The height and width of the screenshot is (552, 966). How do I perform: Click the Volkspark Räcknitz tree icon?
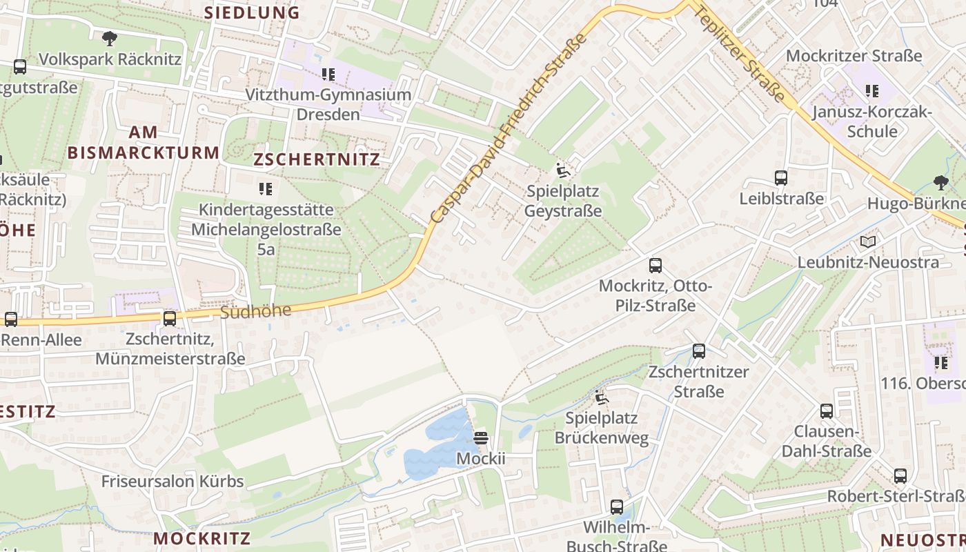tap(109, 39)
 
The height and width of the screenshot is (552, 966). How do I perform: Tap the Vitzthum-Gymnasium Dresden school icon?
tap(328, 74)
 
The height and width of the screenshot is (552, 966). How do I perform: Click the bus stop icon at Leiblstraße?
tap(781, 178)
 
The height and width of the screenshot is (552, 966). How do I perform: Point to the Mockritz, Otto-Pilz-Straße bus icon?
tap(655, 265)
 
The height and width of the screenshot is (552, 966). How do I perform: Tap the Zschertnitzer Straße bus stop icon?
tap(699, 351)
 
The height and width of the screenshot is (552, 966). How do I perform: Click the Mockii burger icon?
tap(481, 438)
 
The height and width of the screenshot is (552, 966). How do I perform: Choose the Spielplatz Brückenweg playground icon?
tap(602, 397)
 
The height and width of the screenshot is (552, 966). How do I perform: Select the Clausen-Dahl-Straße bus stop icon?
tap(827, 411)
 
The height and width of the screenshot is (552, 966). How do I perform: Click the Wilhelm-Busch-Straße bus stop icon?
tap(617, 507)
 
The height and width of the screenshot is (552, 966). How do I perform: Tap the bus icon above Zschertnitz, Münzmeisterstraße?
tap(170, 318)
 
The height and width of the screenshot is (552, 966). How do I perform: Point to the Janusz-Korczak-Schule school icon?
tap(872, 90)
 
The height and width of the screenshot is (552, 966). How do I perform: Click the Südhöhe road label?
tap(256, 311)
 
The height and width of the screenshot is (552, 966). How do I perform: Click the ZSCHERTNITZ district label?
tap(317, 160)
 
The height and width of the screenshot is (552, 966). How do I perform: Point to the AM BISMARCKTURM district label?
tap(143, 142)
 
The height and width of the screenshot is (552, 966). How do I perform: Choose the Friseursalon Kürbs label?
tap(172, 481)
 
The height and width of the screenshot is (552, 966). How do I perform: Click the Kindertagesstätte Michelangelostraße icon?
tap(266, 188)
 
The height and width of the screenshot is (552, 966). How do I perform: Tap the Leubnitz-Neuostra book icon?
tap(868, 241)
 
